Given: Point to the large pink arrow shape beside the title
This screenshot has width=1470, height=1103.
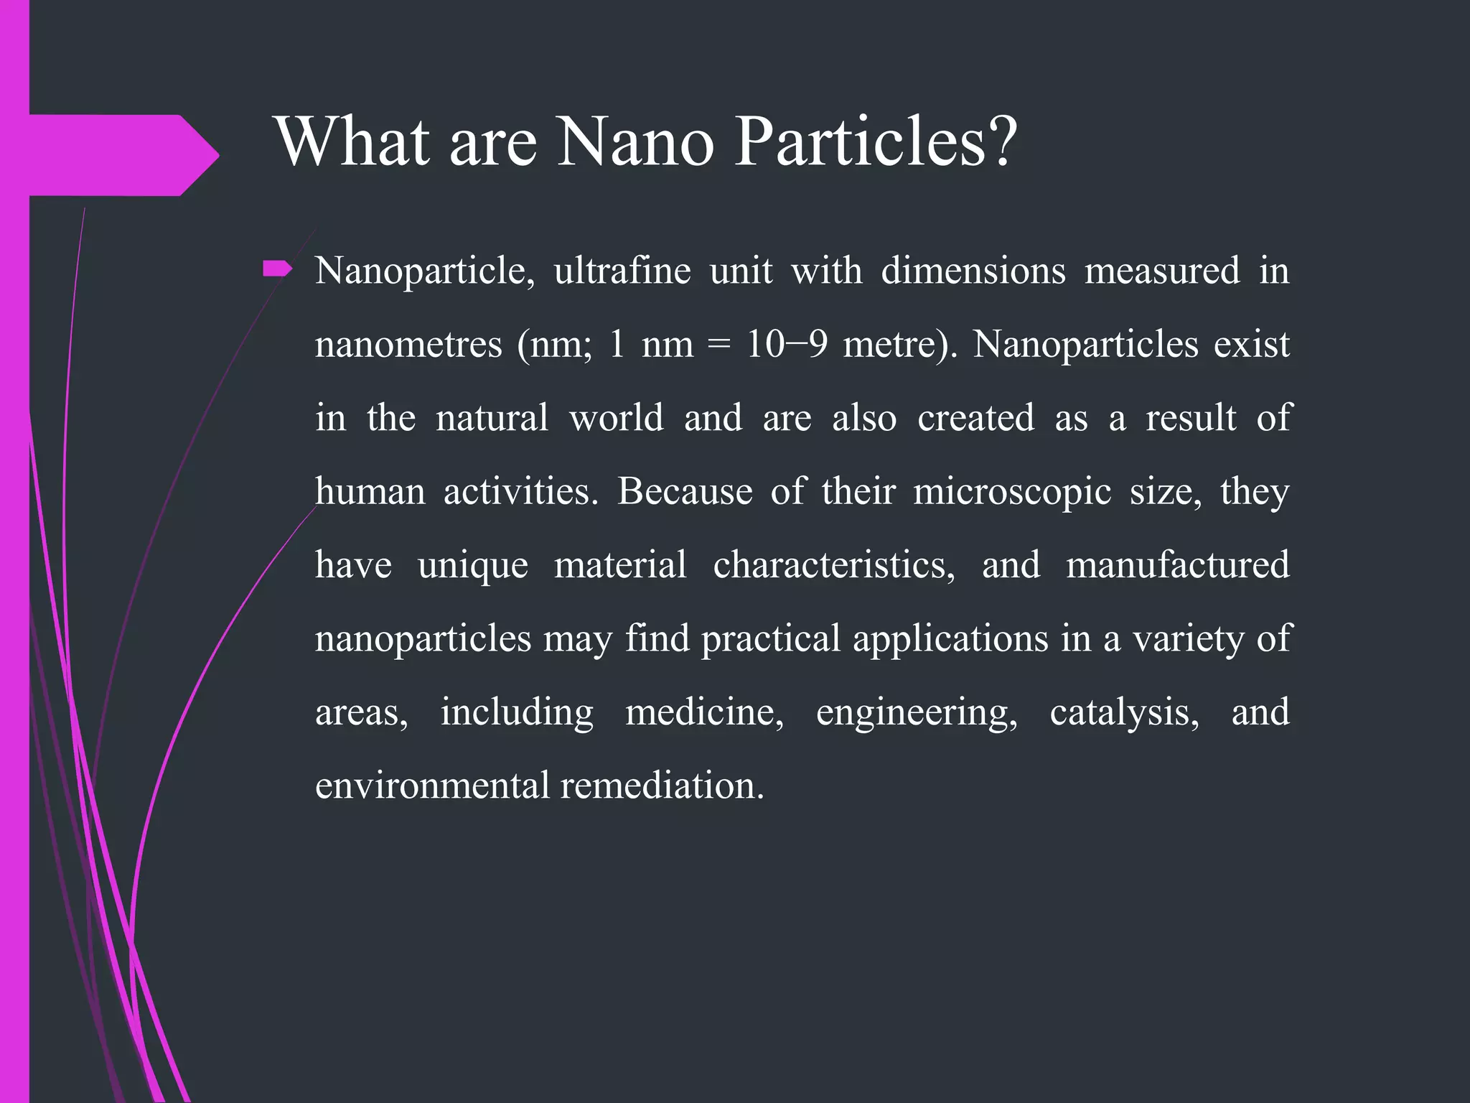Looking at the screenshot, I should pyautogui.click(x=122, y=155).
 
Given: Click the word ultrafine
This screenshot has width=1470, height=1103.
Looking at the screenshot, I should pyautogui.click(x=622, y=271).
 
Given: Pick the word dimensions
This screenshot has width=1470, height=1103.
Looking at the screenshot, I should pyautogui.click(x=973, y=271).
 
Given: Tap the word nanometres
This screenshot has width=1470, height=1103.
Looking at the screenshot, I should pyautogui.click(x=408, y=345).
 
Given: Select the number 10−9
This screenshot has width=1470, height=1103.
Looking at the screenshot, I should pyautogui.click(x=787, y=345).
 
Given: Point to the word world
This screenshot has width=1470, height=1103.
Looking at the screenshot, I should pyautogui.click(x=617, y=418).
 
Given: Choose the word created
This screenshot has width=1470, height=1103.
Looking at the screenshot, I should pyautogui.click(x=976, y=418).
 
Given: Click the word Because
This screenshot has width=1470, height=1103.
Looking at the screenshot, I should pyautogui.click(x=685, y=492).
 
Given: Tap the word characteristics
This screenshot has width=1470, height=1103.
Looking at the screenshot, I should pyautogui.click(x=834, y=565).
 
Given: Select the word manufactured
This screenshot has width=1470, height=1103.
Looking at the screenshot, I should pyautogui.click(x=1178, y=565).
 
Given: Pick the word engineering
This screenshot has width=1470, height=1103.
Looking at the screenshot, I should pyautogui.click(x=917, y=712).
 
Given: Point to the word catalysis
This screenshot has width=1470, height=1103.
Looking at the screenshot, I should pyautogui.click(x=1124, y=712).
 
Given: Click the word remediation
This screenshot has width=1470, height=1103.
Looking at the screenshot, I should pyautogui.click(x=662, y=786).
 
